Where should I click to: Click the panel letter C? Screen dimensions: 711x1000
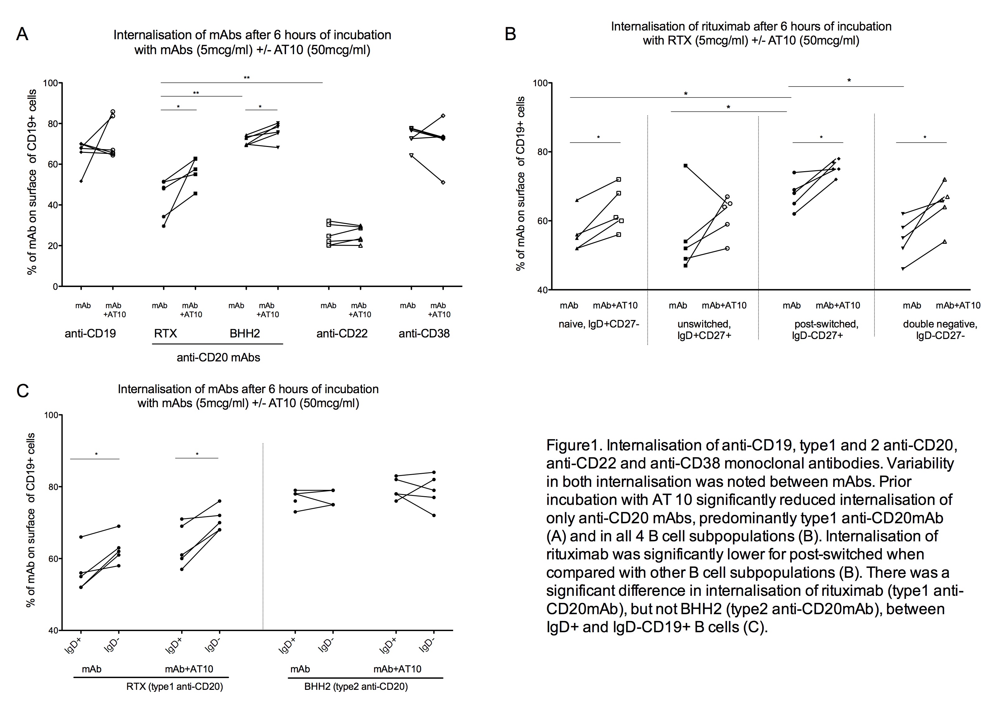[x=22, y=391]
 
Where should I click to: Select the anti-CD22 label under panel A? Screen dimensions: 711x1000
[x=342, y=334]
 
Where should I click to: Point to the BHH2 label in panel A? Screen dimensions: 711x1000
[x=245, y=334]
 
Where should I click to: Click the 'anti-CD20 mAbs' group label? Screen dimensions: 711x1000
[x=218, y=358]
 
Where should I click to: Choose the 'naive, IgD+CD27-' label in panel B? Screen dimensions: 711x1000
[x=599, y=324]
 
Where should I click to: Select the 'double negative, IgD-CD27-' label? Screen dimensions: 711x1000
[x=940, y=330]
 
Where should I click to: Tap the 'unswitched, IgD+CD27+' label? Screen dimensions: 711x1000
[x=704, y=330]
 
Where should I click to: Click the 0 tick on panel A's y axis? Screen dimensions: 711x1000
[x=55, y=287]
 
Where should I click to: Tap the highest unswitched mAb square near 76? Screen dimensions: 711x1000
[x=685, y=166]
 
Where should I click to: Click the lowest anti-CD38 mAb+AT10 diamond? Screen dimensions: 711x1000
[x=443, y=182]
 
